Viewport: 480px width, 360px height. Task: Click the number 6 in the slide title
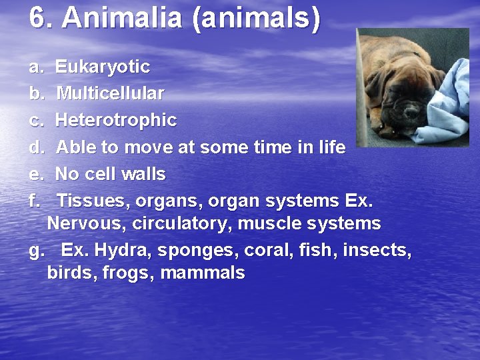[x=38, y=19]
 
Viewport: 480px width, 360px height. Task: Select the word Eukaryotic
[x=102, y=67]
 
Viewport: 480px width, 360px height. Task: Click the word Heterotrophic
[x=115, y=121]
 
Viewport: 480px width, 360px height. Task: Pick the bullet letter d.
[x=35, y=147]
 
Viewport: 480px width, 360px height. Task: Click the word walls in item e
[x=143, y=174]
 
